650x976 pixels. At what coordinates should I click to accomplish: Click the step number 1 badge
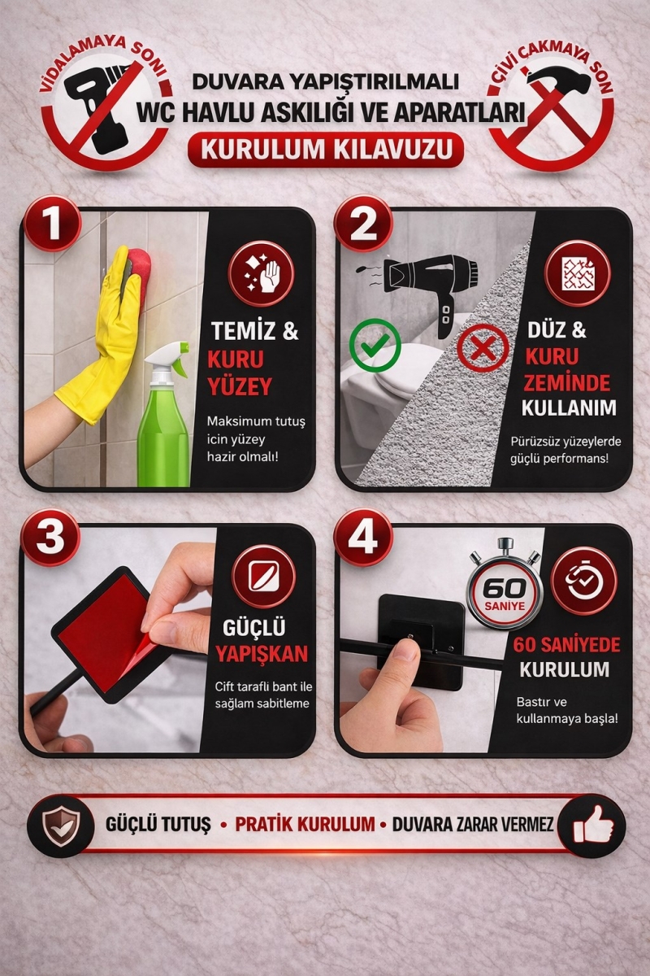point(52,224)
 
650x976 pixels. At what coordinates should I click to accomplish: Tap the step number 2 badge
point(363,224)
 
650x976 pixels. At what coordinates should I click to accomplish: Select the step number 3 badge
point(50,538)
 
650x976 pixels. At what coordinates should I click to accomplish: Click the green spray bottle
point(165,415)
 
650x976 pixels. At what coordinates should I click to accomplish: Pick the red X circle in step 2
point(483,349)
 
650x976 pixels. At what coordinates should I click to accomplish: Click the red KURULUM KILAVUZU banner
point(326,149)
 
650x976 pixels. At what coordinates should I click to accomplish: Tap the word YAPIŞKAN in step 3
point(262,654)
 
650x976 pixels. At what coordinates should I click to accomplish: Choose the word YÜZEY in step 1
point(240,386)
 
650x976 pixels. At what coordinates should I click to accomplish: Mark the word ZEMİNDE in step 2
point(567,382)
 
